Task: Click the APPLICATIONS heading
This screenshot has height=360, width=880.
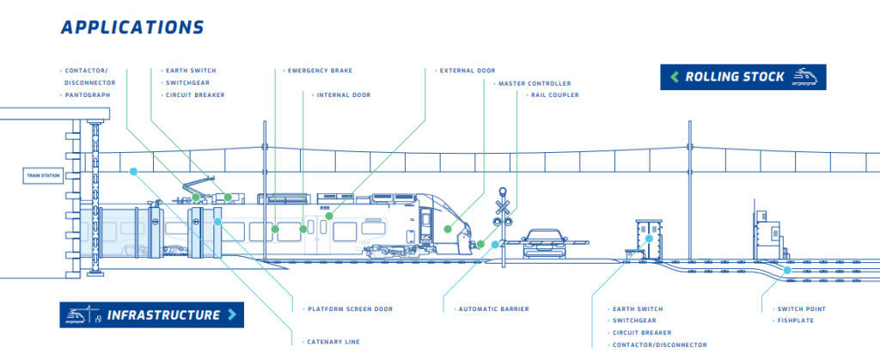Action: [132, 27]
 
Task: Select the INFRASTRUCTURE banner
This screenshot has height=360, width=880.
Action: [151, 314]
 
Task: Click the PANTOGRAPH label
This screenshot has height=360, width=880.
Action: [88, 95]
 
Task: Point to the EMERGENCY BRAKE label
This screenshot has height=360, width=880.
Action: [320, 70]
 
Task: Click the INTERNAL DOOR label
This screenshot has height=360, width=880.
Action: [343, 95]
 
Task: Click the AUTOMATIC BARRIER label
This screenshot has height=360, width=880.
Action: [493, 308]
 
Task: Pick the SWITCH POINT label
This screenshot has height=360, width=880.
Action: [801, 308]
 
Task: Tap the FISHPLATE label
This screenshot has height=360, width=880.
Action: [795, 320]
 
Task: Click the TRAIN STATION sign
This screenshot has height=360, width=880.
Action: [43, 176]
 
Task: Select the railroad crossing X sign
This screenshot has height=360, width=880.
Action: [503, 206]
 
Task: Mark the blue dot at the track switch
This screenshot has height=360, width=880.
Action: [786, 270]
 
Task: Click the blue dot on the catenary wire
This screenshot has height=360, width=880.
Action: [133, 171]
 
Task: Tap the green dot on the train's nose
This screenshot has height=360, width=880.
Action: [449, 229]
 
